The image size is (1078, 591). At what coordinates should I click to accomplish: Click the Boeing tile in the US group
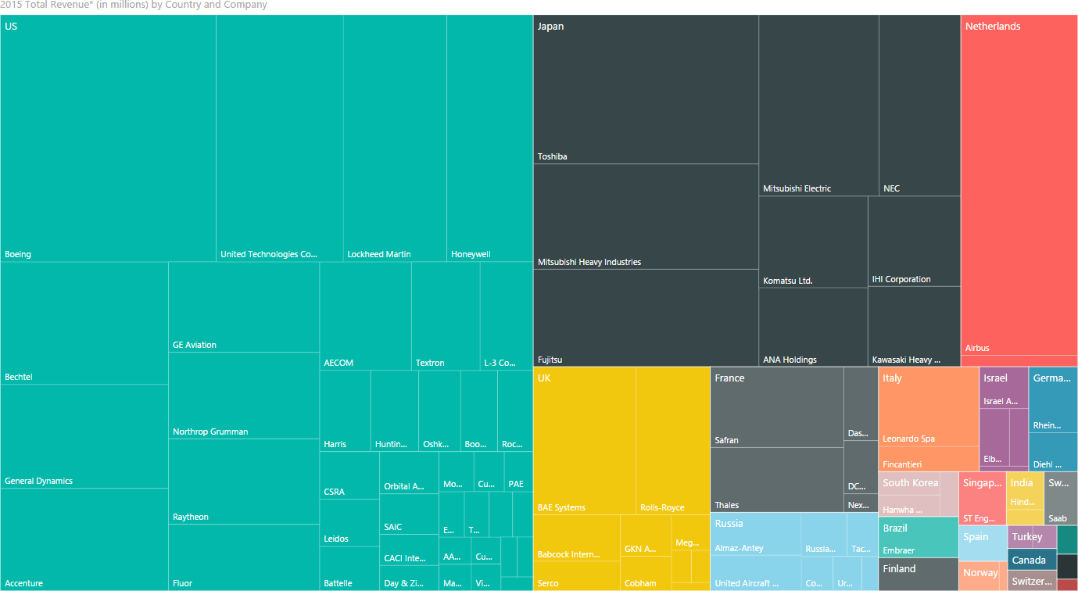[x=108, y=138]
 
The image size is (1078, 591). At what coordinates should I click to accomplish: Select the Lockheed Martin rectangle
[x=395, y=138]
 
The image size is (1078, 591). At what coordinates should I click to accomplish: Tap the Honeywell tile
[x=489, y=138]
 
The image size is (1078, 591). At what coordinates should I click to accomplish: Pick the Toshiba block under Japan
[x=646, y=90]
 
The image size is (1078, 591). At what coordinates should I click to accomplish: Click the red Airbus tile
[x=1019, y=188]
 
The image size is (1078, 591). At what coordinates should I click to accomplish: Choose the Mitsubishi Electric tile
[x=818, y=106]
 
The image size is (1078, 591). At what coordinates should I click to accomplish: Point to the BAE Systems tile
[x=584, y=440]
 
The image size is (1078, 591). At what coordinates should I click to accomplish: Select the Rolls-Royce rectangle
[x=672, y=440]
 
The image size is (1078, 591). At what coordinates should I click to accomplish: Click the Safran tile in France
[x=777, y=407]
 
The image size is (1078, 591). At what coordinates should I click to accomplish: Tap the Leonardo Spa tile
[x=929, y=407]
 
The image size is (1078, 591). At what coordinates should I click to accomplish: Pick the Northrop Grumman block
[x=243, y=396]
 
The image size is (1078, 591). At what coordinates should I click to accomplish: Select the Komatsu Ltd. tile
[x=813, y=242]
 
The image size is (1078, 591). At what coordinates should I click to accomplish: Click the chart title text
[x=134, y=5]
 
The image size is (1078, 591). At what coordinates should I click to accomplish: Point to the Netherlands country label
[x=993, y=27]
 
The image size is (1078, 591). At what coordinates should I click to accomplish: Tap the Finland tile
[x=918, y=574]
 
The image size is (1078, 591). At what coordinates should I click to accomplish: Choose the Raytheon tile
[x=243, y=482]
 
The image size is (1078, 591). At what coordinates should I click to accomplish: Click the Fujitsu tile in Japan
[x=646, y=317]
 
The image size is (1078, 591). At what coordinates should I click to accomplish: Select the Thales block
[x=777, y=480]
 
